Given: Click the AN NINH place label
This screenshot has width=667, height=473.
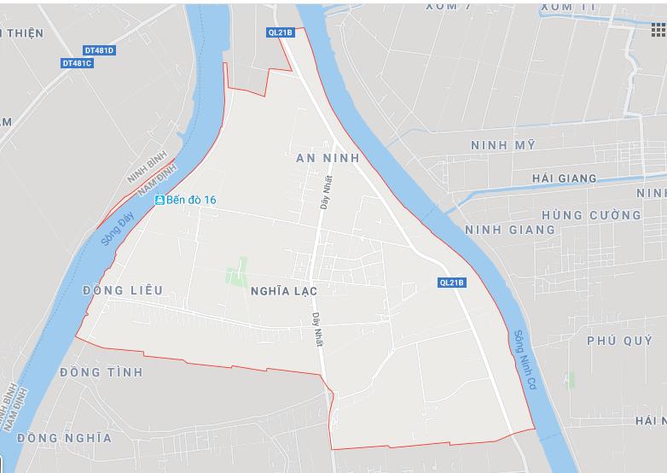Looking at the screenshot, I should click(328, 159).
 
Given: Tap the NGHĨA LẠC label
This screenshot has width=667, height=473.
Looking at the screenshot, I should click(284, 291).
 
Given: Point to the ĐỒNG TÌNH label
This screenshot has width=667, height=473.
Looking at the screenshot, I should click(101, 373).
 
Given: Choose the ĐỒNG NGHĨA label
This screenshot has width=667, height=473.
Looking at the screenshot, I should click(64, 438).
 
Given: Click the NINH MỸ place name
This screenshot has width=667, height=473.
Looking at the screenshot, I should click(503, 145).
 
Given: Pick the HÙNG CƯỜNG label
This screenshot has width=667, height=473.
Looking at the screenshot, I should click(591, 215).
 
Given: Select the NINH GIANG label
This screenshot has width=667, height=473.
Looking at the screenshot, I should click(510, 230).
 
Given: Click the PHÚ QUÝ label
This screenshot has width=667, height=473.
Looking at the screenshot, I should click(620, 341).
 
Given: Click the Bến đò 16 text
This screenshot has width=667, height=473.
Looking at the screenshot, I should click(192, 200).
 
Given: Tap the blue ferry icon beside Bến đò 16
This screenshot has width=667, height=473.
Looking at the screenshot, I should click(159, 200).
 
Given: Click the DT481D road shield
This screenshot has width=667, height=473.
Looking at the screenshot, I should click(99, 50).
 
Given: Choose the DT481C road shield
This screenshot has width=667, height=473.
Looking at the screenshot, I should click(77, 63).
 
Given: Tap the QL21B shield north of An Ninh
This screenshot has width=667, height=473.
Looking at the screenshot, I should click(280, 32).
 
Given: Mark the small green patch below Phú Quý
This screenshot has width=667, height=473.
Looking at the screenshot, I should click(569, 380).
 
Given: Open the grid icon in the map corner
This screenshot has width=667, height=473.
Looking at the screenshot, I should click(658, 30).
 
